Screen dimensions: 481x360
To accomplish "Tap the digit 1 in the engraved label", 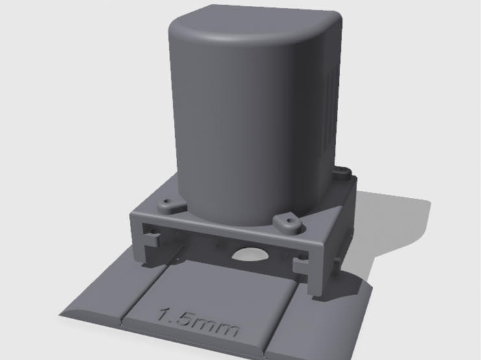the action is point(164,315).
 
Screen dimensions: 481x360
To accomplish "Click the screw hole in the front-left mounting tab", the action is point(167,202).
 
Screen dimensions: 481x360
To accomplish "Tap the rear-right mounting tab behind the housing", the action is point(342,173).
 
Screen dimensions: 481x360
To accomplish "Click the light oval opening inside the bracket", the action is point(251,254).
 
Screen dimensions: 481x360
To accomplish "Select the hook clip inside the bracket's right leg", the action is point(301,265).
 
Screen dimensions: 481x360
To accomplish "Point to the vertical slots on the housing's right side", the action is point(334,101).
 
